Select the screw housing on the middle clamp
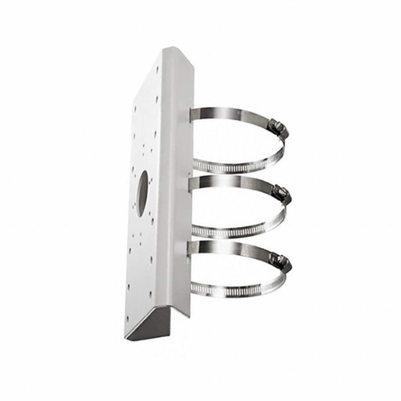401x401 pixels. pyautogui.click(x=282, y=193)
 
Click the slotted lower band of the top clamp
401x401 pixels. pyautogui.click(x=235, y=167)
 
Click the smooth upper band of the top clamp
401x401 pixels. pyautogui.click(x=229, y=115)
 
